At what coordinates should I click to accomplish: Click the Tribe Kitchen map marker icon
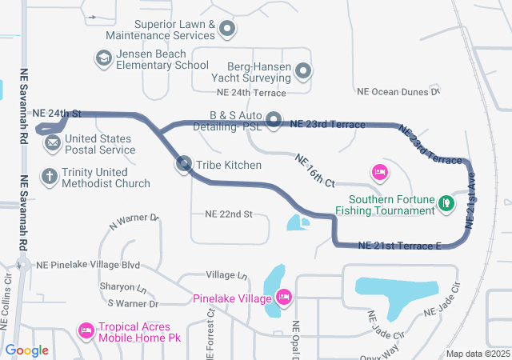(x=184, y=165)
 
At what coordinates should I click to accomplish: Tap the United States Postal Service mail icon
(x=53, y=143)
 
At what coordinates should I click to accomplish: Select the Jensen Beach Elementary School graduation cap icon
(x=103, y=58)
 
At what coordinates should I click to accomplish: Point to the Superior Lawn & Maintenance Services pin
(x=227, y=29)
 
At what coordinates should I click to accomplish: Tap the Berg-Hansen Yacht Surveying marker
(x=303, y=72)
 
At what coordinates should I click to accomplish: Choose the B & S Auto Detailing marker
(x=274, y=120)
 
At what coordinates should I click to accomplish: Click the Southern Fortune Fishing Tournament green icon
(x=446, y=203)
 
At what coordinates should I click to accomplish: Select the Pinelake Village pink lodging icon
(x=283, y=298)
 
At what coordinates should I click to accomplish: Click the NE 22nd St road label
(x=229, y=214)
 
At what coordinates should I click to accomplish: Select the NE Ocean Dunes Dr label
(x=399, y=92)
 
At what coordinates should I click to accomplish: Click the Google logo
(x=26, y=350)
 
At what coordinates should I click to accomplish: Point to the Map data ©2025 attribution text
(x=477, y=354)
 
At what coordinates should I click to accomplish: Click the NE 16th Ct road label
(x=314, y=170)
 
